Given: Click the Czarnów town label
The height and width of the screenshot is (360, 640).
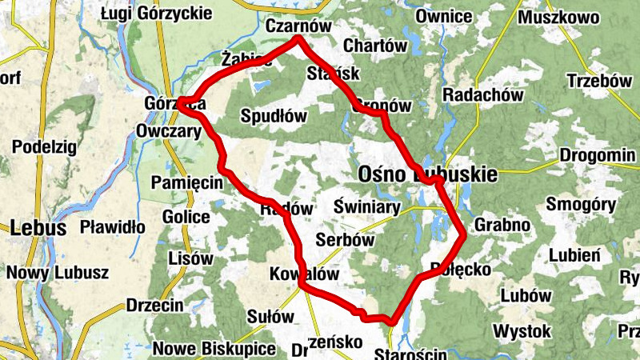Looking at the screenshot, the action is tap(298, 26).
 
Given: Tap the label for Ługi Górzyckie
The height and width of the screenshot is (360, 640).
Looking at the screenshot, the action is tap(158, 13).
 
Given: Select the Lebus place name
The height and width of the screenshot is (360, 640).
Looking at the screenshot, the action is tap(38, 228).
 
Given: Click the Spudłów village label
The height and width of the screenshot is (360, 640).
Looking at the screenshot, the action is tap(274, 115).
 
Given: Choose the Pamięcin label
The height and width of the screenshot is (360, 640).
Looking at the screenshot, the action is tap(187, 183).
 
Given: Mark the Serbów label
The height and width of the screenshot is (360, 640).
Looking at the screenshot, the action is tap(346, 240).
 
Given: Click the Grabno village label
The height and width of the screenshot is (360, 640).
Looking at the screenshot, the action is tap(502, 225).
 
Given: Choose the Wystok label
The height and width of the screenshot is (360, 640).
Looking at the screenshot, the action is tap(522, 330).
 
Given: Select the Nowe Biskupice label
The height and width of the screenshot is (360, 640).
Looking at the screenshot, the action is tap(214, 349).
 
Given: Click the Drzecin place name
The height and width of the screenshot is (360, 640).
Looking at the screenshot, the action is tap(154, 306).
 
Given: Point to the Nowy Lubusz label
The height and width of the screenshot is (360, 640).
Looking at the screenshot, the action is tap(58, 272).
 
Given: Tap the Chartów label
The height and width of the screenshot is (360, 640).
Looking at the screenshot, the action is tap(374, 46).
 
